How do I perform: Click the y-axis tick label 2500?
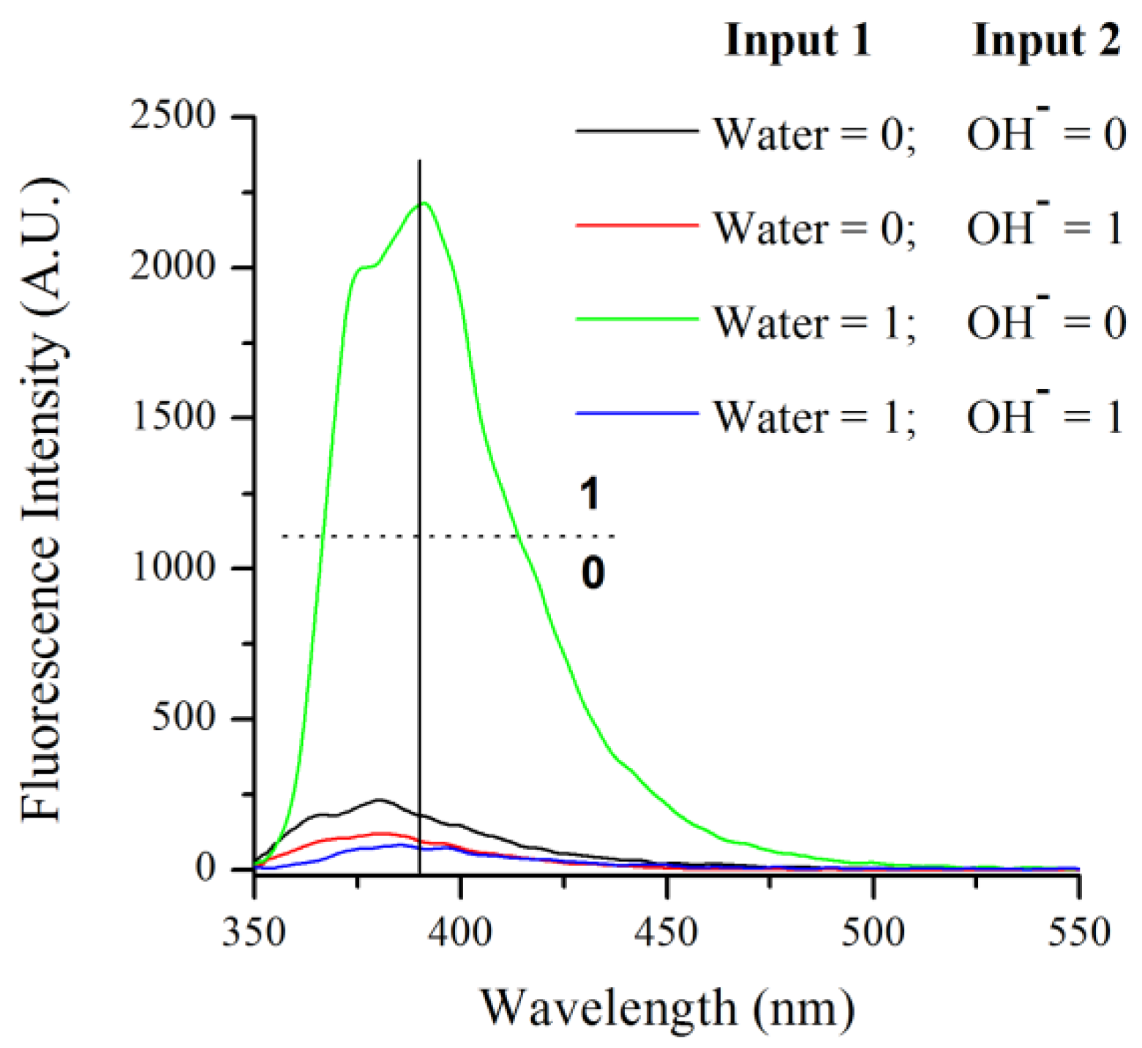[173, 116]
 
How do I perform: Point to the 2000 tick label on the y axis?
[173, 267]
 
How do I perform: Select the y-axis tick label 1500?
[173, 417]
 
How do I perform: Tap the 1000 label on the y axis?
[173, 568]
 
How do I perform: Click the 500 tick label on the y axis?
[183, 718]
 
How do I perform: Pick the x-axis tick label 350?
[254, 933]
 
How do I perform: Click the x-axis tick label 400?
[460, 933]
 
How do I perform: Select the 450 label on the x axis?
[666, 933]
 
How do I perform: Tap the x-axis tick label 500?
[873, 933]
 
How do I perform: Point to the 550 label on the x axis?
[1078, 933]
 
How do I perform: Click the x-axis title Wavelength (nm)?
[667, 1009]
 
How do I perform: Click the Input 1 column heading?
[797, 39]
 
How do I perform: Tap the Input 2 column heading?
[1046, 39]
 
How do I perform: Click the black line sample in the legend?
[636, 132]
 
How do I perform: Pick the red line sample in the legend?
[636, 225]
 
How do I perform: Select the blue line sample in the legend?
[636, 414]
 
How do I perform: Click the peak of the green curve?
[424, 203]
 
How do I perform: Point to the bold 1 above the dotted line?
[590, 494]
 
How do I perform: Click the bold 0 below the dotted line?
[593, 573]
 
